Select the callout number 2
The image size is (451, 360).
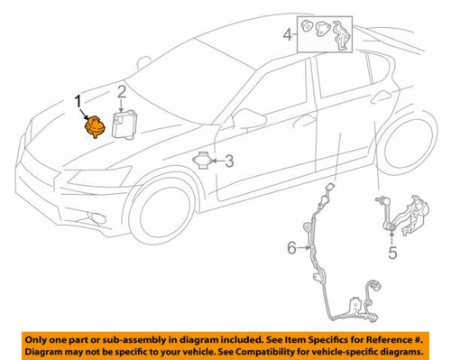click(120, 90)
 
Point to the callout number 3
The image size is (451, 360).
click(229, 162)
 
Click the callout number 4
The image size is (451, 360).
click(288, 35)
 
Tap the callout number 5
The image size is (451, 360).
click(392, 254)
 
